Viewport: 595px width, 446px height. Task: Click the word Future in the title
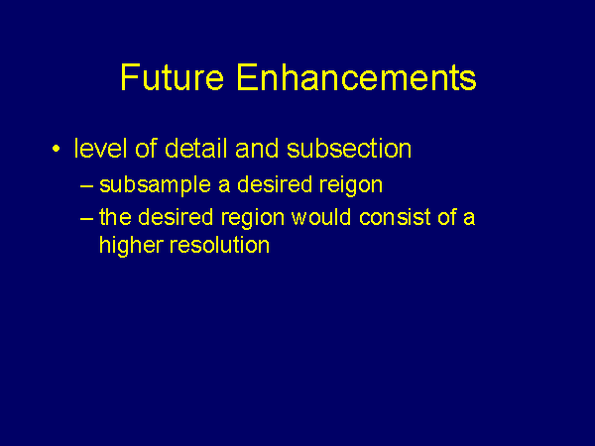(x=173, y=77)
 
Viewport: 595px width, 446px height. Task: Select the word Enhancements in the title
(x=356, y=77)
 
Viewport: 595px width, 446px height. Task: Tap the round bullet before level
(x=57, y=149)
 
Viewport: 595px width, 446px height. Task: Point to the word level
(x=100, y=148)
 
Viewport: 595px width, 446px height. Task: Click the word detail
(x=195, y=148)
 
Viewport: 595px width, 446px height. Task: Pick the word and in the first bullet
(x=257, y=148)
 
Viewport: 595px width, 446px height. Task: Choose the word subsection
(x=349, y=148)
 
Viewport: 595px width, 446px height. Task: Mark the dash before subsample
(x=87, y=186)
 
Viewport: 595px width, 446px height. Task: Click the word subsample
(x=155, y=185)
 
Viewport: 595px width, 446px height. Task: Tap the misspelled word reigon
(x=351, y=185)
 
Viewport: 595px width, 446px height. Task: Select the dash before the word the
(x=87, y=218)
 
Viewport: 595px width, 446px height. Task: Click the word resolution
(x=219, y=245)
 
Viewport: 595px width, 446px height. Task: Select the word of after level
(x=146, y=148)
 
